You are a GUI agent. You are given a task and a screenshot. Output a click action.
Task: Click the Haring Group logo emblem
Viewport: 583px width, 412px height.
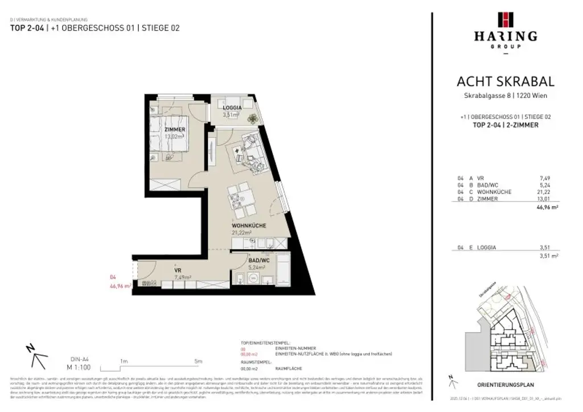(x=504, y=19)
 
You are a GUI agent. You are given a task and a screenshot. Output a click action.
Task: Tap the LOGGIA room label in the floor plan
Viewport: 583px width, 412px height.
(x=232, y=108)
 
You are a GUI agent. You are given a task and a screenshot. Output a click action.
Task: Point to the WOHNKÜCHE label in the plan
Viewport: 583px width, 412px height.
(x=249, y=226)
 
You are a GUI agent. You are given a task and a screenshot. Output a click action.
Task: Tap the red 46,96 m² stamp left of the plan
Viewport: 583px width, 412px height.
(x=120, y=286)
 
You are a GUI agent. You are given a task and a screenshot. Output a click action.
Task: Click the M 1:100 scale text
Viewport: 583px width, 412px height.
(x=77, y=368)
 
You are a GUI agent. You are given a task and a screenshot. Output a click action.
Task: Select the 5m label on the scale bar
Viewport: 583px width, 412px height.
(x=198, y=361)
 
